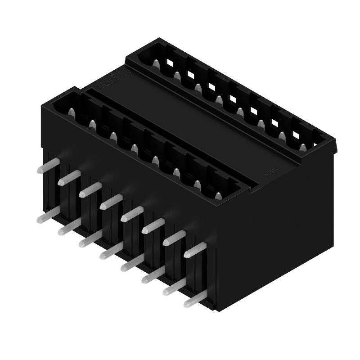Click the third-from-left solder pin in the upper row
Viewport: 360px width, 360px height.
point(89,190)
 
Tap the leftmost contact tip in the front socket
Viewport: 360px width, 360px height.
point(71,111)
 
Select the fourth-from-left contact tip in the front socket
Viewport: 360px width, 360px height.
point(134,148)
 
